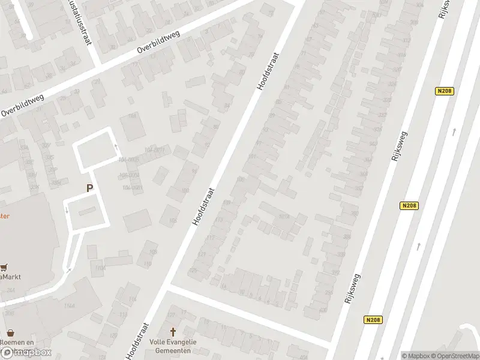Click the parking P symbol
(x=89, y=188)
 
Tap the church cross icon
(x=173, y=332)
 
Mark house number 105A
(x=284, y=217)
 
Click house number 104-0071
(x=155, y=149)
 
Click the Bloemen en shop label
(x=14, y=342)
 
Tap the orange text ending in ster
(x=5, y=217)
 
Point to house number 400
(x=323, y=310)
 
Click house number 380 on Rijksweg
(x=355, y=214)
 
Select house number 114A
(x=100, y=268)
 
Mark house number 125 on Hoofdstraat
(x=193, y=271)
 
